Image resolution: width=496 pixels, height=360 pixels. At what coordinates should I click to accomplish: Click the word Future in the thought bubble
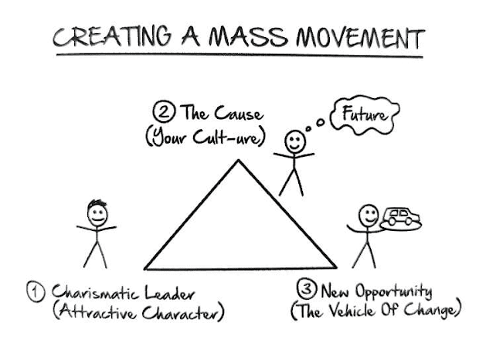[360, 116]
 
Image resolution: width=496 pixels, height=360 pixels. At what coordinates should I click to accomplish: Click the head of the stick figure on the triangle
[294, 141]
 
